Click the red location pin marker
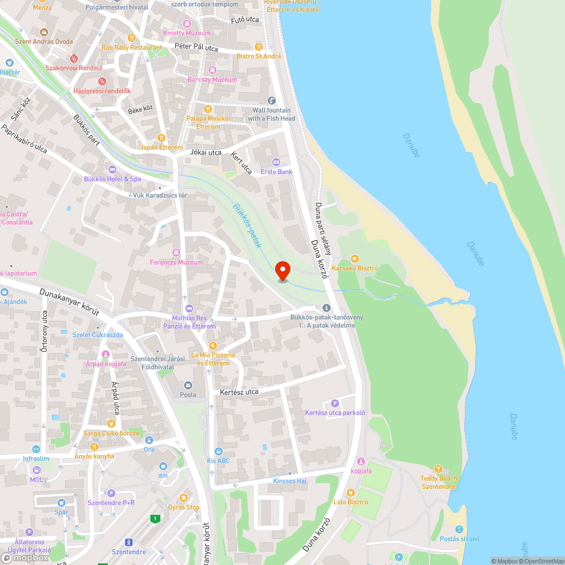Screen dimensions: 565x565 click(x=282, y=271)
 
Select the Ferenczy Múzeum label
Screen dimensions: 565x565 click(x=176, y=262)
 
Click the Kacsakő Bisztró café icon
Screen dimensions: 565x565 click(x=355, y=258)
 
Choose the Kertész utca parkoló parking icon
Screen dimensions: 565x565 click(x=334, y=403)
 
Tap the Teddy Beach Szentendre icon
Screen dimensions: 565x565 click(x=438, y=469)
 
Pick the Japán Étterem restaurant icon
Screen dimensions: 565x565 click(x=162, y=137)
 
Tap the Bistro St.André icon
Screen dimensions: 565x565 click(x=259, y=46)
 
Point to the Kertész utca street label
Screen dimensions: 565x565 click(x=239, y=392)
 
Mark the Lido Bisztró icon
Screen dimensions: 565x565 click(x=351, y=492)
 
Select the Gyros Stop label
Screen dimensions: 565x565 click(x=184, y=507)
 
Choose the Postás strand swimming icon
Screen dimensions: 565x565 click(x=459, y=529)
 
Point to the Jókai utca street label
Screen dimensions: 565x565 click(x=206, y=153)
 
